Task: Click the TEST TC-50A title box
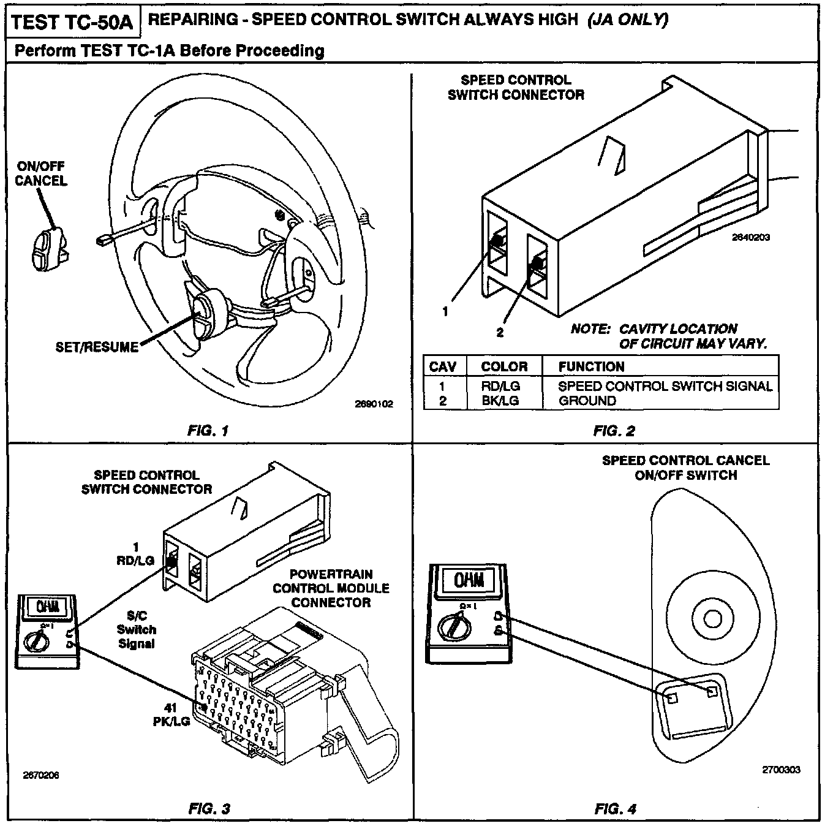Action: click(x=72, y=22)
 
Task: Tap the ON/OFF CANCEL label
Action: click(x=41, y=173)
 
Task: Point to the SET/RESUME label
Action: click(x=97, y=347)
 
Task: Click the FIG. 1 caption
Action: click(x=208, y=431)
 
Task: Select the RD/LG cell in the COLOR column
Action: click(x=500, y=386)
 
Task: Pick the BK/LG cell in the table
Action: click(x=500, y=401)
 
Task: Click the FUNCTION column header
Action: click(x=591, y=366)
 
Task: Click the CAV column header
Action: click(x=442, y=366)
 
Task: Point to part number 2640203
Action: click(x=751, y=237)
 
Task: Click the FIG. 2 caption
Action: click(x=614, y=431)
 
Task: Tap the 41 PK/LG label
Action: click(x=171, y=714)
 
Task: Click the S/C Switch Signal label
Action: click(x=136, y=629)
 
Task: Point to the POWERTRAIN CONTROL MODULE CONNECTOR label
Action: click(x=331, y=588)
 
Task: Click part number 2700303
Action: click(x=781, y=770)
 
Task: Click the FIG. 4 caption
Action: click(x=615, y=809)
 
